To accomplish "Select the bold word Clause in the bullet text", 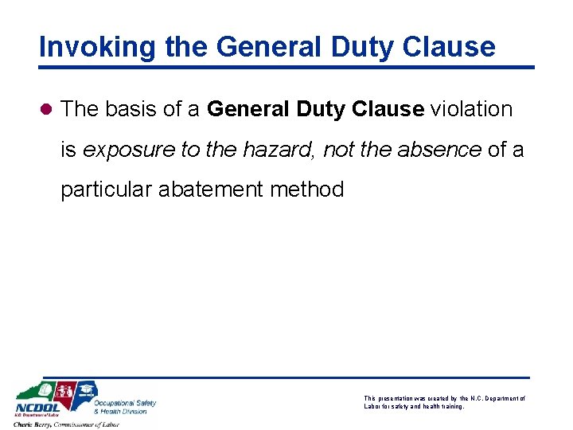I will tap(386, 109).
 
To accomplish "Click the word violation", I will tap(472, 109).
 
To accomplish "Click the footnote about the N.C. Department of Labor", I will tap(444, 402).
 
